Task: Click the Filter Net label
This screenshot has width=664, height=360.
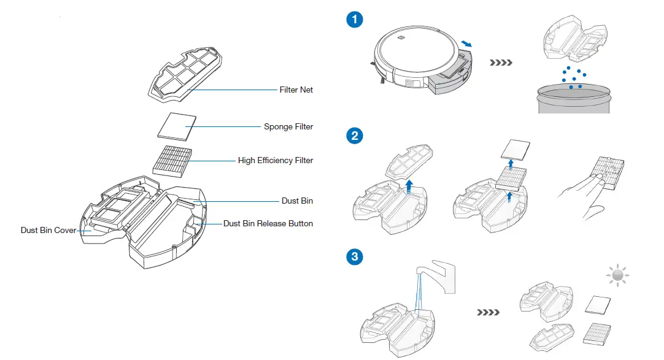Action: pyautogui.click(x=296, y=90)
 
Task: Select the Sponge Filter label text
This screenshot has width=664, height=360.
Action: pyautogui.click(x=288, y=127)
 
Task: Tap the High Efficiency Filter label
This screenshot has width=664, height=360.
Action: pyautogui.click(x=276, y=161)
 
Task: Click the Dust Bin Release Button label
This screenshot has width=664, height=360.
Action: pyautogui.click(x=268, y=224)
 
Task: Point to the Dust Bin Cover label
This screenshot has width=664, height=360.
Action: pyautogui.click(x=48, y=231)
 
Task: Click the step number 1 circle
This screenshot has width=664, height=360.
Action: pyautogui.click(x=354, y=20)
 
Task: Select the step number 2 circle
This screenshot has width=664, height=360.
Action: pyautogui.click(x=354, y=136)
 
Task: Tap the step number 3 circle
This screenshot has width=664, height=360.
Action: pyautogui.click(x=354, y=256)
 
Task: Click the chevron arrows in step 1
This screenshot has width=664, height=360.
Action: pyautogui.click(x=501, y=63)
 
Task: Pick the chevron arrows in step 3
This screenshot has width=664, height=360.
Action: pyautogui.click(x=488, y=312)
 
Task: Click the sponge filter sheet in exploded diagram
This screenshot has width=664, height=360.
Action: pyautogui.click(x=177, y=127)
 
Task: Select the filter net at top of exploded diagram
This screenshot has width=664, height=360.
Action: pyautogui.click(x=186, y=73)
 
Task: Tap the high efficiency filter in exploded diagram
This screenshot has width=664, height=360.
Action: pyautogui.click(x=172, y=161)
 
